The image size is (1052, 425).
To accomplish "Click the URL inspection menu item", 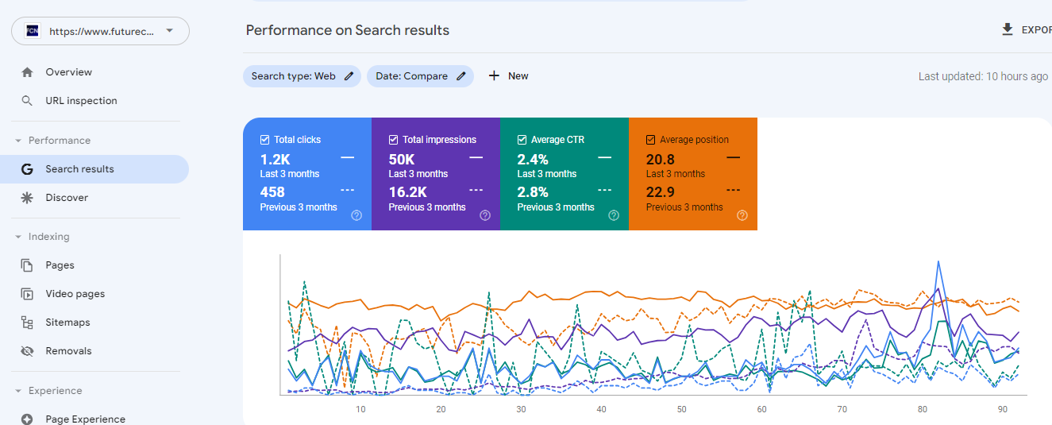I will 81,101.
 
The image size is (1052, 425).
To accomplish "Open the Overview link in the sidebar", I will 68,72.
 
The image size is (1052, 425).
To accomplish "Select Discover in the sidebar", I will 67,198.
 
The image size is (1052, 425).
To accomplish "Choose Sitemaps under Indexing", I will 67,323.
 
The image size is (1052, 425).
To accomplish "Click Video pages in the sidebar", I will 75,294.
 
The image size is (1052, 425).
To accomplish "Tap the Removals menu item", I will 68,351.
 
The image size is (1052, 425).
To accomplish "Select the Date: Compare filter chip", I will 420,76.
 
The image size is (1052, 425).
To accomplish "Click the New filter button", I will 508,76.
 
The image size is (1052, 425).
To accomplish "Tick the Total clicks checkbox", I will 265,140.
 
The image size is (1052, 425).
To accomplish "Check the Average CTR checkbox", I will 522,140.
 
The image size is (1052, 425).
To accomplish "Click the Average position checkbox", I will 651,140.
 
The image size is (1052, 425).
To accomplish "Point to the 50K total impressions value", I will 402,160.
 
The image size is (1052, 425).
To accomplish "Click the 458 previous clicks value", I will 272,191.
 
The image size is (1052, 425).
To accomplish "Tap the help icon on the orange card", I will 742,215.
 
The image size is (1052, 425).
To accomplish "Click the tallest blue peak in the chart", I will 938,261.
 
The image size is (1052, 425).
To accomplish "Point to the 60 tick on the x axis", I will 762,409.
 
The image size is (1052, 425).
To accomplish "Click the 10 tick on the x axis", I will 360,409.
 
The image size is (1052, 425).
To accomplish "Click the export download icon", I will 1008,30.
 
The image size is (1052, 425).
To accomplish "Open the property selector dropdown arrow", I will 169,31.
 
